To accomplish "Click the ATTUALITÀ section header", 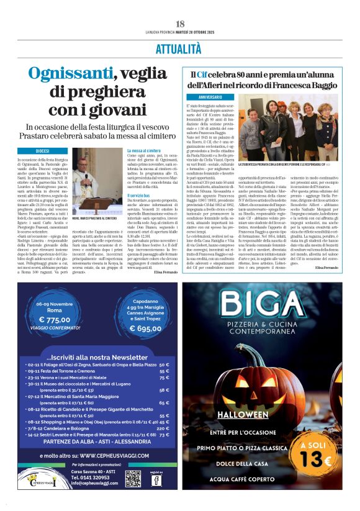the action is (180, 47).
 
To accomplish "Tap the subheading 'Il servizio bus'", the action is (140, 196).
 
